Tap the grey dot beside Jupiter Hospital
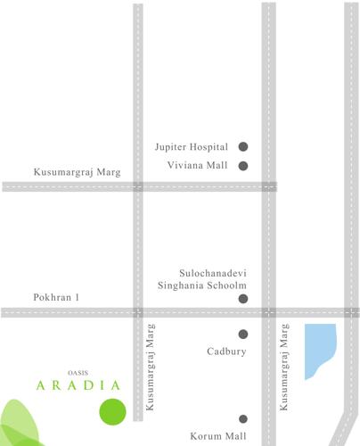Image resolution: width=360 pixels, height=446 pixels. (242, 146)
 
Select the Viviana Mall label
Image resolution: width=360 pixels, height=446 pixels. (199, 165)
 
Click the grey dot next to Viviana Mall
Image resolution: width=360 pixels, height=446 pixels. (242, 165)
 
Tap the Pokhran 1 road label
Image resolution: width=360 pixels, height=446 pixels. (56, 296)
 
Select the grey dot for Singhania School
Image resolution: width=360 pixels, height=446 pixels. (242, 299)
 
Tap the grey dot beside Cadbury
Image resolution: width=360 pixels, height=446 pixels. (242, 334)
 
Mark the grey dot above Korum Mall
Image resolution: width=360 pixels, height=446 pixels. (242, 418)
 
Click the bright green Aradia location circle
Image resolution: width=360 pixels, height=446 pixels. (112, 413)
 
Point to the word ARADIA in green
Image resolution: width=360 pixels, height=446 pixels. (78, 385)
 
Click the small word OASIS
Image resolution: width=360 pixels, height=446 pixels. (78, 371)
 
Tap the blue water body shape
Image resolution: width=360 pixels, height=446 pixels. (318, 350)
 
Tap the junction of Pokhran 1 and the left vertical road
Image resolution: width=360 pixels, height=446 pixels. (138, 312)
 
